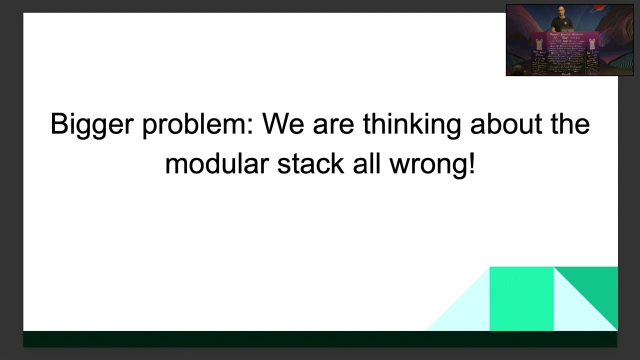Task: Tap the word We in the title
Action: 283,123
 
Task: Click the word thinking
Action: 412,124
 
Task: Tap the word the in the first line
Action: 570,123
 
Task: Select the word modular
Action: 217,163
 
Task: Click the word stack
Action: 310,163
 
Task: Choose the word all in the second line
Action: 363,163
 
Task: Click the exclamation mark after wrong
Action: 472,163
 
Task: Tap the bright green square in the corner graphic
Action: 521,298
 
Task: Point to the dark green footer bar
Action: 320,338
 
